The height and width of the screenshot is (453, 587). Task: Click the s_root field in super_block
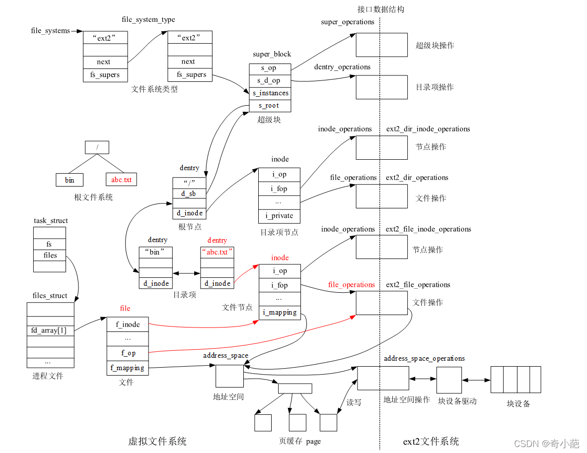[270, 106]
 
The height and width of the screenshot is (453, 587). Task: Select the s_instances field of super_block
[270, 93]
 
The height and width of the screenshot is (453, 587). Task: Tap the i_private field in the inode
[279, 216]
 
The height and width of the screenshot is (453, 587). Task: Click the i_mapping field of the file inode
[280, 313]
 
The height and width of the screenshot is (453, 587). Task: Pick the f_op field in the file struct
[128, 353]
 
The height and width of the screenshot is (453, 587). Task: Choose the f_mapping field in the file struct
[128, 368]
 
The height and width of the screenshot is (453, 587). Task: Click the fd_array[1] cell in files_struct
[50, 330]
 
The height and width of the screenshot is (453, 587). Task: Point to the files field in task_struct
[49, 255]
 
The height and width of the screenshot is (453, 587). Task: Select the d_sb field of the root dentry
[189, 194]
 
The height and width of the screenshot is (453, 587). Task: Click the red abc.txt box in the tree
[121, 180]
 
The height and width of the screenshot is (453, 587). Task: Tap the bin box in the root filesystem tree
[70, 180]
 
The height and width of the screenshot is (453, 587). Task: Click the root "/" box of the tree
[97, 147]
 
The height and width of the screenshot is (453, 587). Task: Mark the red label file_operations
[351, 285]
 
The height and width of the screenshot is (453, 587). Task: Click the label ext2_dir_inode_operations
[428, 129]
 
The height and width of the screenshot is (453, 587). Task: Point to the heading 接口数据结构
[380, 9]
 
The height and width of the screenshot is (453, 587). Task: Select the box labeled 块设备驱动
[449, 380]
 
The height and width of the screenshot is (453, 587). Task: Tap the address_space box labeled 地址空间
[229, 376]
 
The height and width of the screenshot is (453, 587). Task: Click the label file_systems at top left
[50, 31]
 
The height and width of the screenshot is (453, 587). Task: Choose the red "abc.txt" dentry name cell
[217, 252]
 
